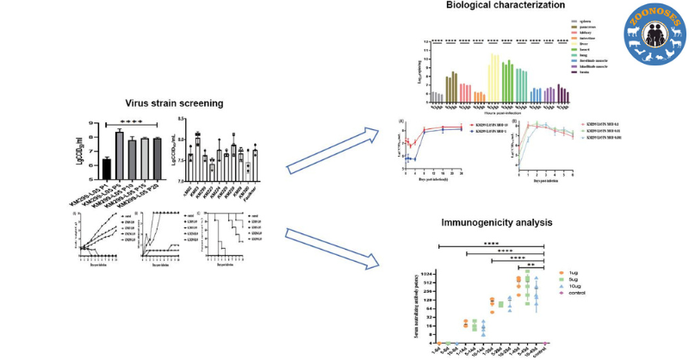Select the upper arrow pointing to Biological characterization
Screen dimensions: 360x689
pos(332,146)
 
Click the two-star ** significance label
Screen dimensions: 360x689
pos(531,267)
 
